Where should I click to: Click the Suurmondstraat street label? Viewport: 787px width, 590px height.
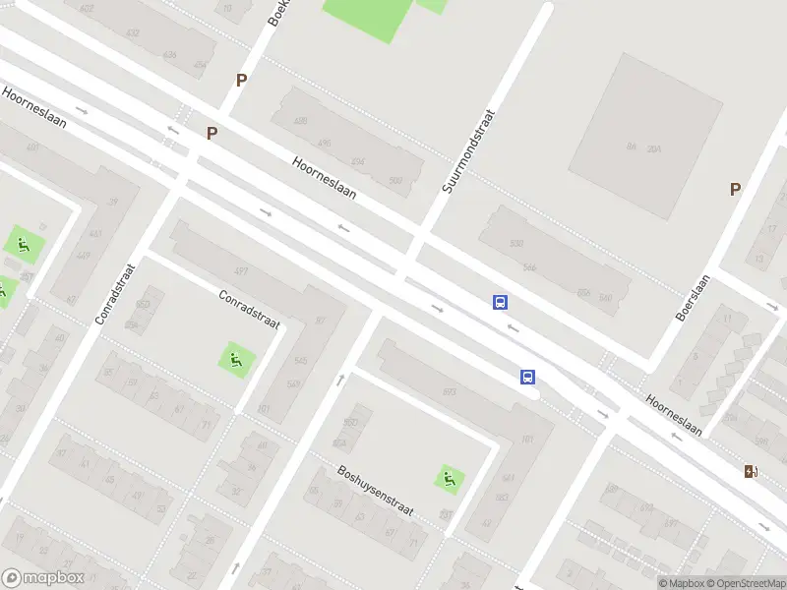(x=468, y=150)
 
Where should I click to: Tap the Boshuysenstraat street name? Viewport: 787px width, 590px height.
(x=375, y=493)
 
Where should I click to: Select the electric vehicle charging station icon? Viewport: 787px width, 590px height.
(x=752, y=471)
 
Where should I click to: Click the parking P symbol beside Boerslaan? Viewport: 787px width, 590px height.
(x=735, y=189)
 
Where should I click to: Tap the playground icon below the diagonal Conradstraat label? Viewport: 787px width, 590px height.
(x=234, y=360)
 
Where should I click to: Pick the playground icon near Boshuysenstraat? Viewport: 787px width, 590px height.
(x=450, y=479)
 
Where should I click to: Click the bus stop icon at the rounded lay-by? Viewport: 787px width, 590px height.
(x=528, y=377)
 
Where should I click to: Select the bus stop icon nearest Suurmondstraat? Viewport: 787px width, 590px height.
(x=501, y=302)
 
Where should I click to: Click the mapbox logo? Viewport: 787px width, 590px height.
(x=43, y=578)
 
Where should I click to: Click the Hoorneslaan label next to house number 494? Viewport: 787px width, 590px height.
(x=324, y=177)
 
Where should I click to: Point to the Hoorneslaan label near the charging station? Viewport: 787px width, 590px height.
(x=674, y=415)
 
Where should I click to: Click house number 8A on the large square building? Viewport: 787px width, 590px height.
(x=632, y=147)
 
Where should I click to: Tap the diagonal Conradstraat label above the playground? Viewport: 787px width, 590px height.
(x=249, y=309)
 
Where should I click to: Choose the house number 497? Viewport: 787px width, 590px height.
(x=240, y=270)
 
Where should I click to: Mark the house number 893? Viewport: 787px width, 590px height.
(x=449, y=392)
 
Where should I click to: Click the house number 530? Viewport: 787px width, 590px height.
(x=515, y=243)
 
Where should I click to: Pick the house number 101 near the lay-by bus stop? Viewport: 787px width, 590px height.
(x=526, y=440)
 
